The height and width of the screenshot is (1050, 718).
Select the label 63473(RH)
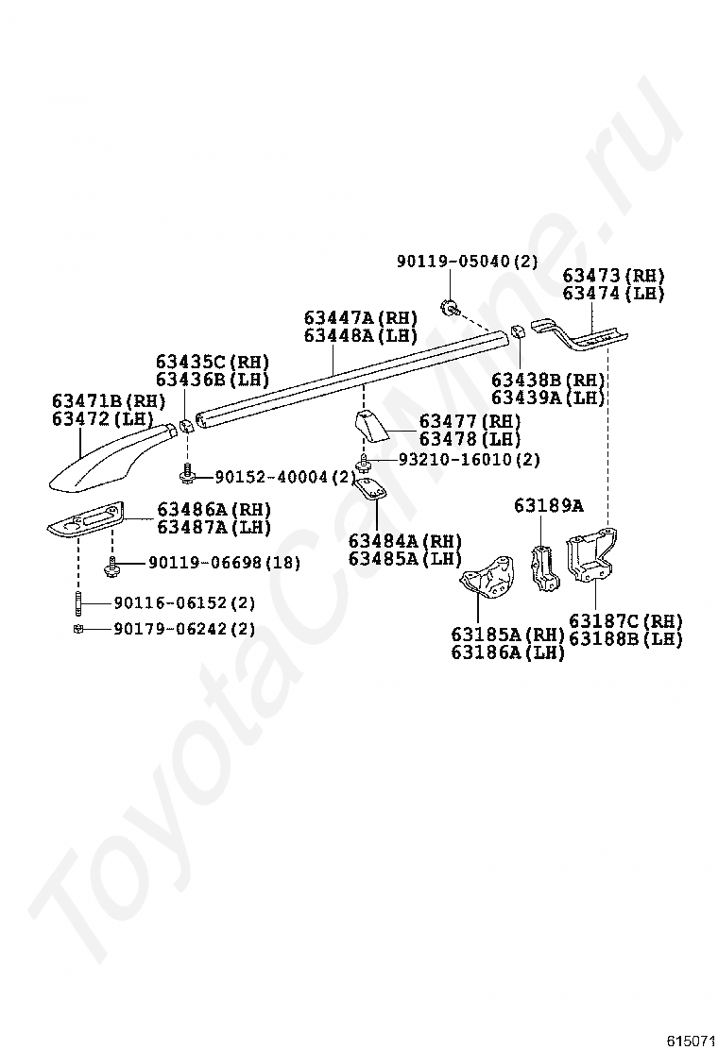(613, 276)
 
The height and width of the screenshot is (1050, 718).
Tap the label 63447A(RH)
(360, 318)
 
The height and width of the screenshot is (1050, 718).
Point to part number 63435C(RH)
(212, 362)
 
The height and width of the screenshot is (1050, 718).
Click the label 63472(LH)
(102, 418)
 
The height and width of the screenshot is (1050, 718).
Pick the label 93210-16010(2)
(468, 460)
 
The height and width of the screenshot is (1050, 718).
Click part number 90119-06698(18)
(223, 564)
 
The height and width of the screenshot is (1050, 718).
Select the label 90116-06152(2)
(184, 602)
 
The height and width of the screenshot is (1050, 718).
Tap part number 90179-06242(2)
(184, 629)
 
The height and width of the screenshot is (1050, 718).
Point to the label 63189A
(548, 506)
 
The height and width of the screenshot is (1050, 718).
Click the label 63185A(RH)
(506, 635)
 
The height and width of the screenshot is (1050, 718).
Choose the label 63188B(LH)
(624, 638)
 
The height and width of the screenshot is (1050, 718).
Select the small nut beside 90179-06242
(77, 629)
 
